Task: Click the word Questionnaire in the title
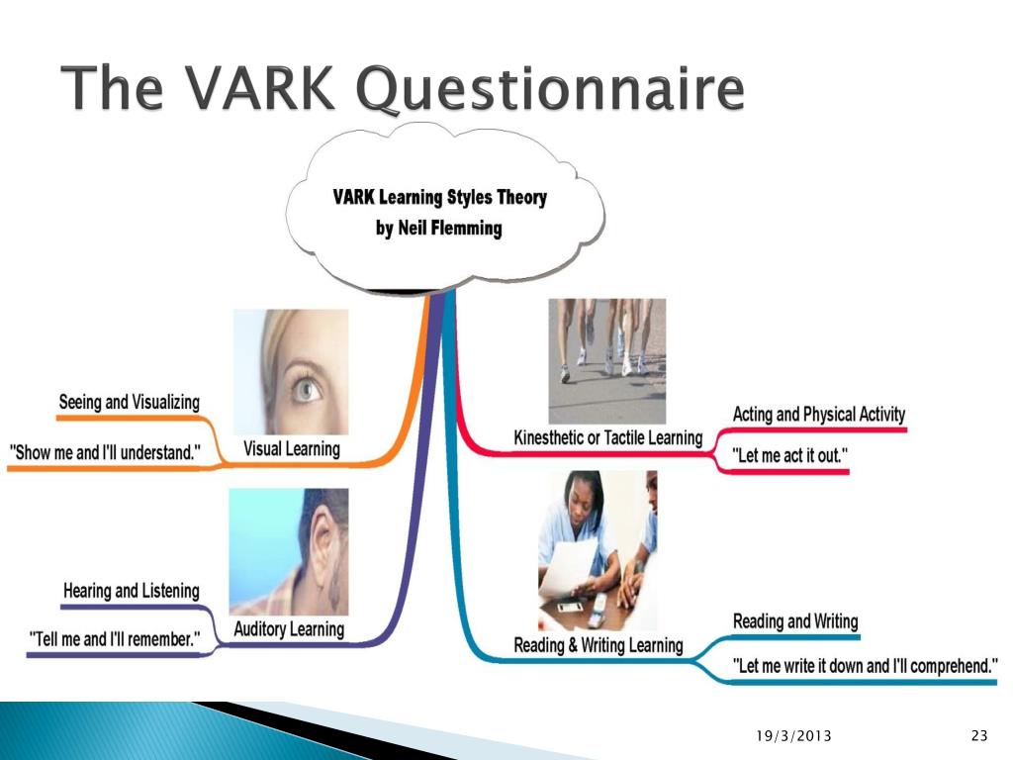coord(550,90)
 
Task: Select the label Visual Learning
coord(292,448)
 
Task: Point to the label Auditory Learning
coord(289,628)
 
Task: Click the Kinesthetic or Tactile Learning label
coord(608,437)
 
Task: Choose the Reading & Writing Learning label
coord(599,645)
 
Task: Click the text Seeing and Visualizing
coord(130,402)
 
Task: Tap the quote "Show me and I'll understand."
coord(105,452)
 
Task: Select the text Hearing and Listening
coord(132,591)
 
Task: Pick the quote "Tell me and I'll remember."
coord(115,639)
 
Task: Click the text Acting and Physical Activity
coord(818,415)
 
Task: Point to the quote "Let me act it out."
coord(789,455)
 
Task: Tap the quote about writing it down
coord(865,666)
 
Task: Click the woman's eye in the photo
coord(307,389)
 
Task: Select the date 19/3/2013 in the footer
coord(793,735)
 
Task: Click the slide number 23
coord(979,735)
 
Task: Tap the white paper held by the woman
coord(566,567)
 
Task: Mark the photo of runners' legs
coord(606,360)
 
